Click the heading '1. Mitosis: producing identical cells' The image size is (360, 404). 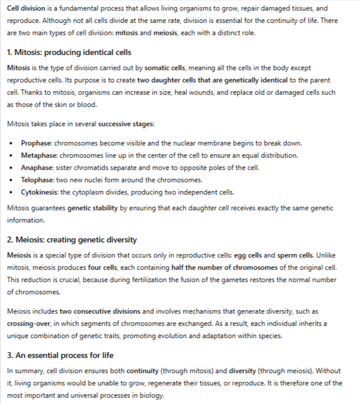click(x=69, y=53)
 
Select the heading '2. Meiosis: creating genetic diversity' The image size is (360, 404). click(x=72, y=239)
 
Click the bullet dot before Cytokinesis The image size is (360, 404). click(x=12, y=193)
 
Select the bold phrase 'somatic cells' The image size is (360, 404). click(x=165, y=68)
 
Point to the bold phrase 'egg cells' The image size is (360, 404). click(x=250, y=255)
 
